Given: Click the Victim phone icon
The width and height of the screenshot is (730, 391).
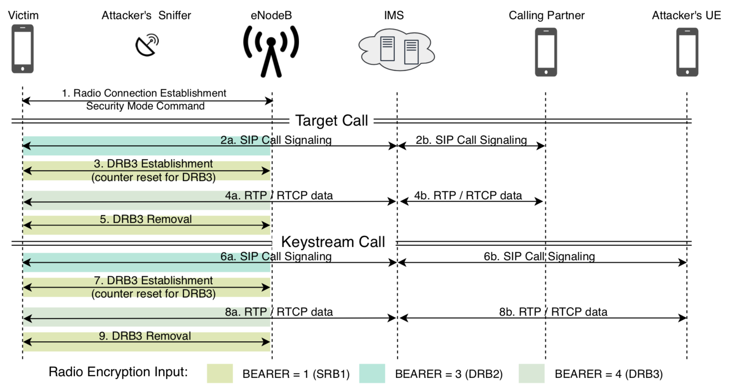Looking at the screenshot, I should point(22,49).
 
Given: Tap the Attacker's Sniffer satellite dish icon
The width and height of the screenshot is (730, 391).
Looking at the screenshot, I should point(147,45).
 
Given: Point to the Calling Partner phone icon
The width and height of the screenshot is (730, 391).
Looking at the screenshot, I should point(546,52).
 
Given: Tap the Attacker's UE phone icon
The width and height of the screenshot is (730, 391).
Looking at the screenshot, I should point(687,52).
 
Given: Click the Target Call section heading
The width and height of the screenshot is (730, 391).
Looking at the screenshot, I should point(331,121).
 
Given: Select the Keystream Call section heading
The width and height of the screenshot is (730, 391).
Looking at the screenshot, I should point(333,242).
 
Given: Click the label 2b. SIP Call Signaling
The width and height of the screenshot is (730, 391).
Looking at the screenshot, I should point(471,140).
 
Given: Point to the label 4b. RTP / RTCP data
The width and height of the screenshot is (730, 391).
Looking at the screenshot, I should point(468,195).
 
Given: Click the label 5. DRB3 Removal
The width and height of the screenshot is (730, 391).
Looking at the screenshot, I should point(146,219).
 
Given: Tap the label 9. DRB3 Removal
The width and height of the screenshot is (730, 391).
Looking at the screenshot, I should point(145,336).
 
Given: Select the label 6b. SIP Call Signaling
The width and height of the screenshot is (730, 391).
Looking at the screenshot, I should point(539,256).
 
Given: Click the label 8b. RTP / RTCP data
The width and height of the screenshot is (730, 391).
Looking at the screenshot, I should point(553,312).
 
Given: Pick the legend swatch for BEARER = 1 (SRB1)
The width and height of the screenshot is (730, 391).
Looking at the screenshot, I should point(220,374).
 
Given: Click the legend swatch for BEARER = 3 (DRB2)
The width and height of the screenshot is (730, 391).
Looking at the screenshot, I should point(372,374).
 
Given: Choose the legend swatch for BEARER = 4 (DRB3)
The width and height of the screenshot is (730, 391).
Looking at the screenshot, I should point(531,374).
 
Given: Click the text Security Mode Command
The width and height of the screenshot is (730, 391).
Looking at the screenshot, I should point(145,106).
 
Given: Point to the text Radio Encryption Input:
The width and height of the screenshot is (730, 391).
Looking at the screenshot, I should point(118,372).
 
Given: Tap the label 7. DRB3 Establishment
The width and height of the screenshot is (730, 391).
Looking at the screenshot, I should point(153,280).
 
